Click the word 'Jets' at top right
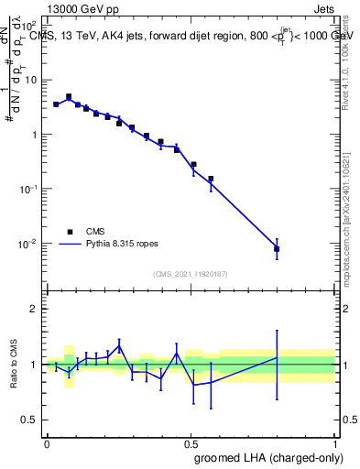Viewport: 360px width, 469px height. click(x=324, y=8)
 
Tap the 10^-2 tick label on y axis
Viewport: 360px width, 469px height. click(x=29, y=244)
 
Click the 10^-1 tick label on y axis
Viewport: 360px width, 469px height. click(x=29, y=189)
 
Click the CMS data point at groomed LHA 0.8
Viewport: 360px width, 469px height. click(x=277, y=248)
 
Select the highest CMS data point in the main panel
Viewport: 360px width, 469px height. click(x=69, y=96)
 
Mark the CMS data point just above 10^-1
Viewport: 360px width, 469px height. click(x=211, y=179)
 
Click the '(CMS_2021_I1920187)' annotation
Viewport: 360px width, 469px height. click(x=190, y=272)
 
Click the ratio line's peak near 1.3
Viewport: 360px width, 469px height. click(x=119, y=347)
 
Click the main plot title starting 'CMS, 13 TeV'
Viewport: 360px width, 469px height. click(x=192, y=36)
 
